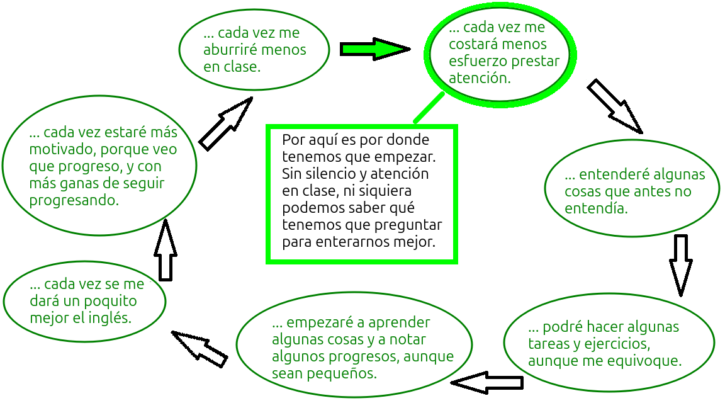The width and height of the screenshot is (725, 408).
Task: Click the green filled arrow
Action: (374, 49)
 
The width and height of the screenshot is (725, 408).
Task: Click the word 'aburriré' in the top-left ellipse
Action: (230, 50)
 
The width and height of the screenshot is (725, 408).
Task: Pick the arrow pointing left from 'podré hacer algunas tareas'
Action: (487, 382)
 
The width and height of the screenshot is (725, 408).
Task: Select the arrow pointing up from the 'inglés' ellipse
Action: (166, 251)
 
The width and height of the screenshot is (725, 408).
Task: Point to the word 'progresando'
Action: (74, 201)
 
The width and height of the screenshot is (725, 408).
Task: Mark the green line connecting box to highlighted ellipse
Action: (429, 108)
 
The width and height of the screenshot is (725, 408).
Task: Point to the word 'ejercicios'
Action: (615, 344)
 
